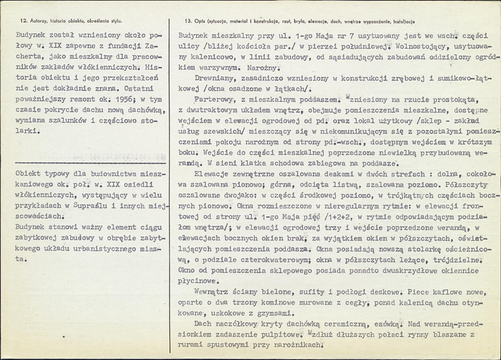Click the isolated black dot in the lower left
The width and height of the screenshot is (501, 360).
[x=64, y=335]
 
